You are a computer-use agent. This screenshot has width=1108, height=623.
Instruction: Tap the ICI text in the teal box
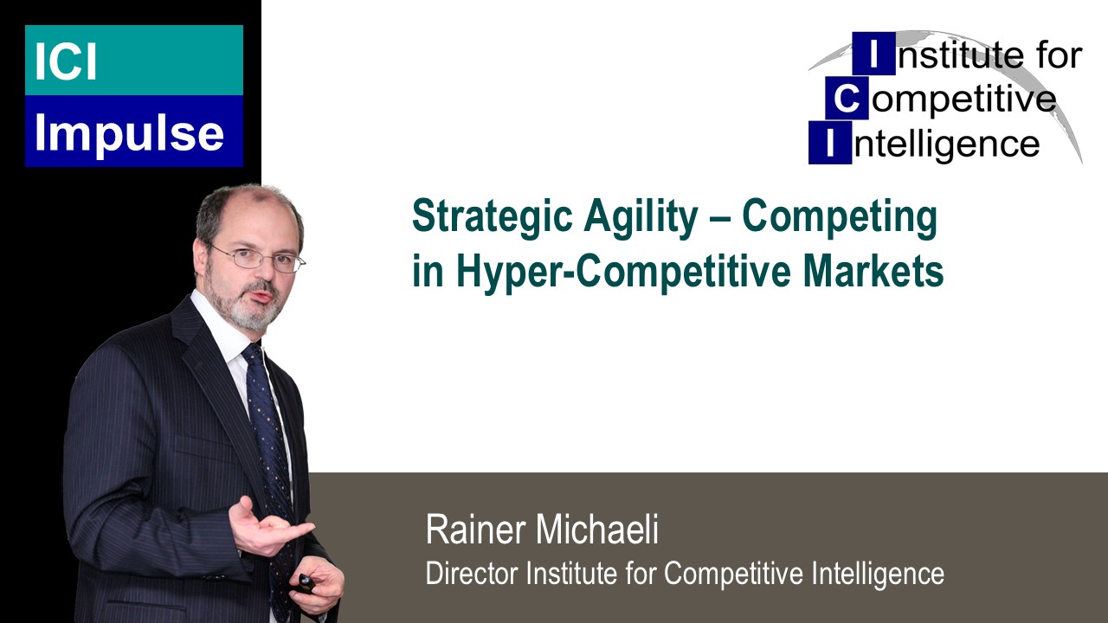pyautogui.click(x=67, y=61)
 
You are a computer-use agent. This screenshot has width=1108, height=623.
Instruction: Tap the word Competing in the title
pyautogui.click(x=840, y=218)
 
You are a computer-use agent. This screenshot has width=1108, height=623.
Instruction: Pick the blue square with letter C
pyautogui.click(x=846, y=100)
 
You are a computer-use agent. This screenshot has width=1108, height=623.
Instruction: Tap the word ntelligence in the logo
pyautogui.click(x=945, y=144)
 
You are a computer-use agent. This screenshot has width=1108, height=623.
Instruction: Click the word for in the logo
pyautogui.click(x=1059, y=55)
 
